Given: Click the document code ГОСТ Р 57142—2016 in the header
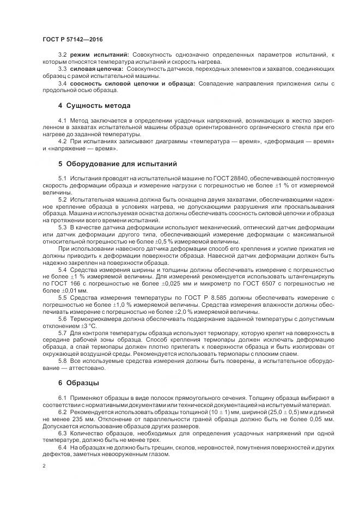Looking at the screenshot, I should [x=72, y=40].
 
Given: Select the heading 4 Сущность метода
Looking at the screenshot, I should [x=95, y=105].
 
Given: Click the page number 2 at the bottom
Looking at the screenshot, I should [x=44, y=466].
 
